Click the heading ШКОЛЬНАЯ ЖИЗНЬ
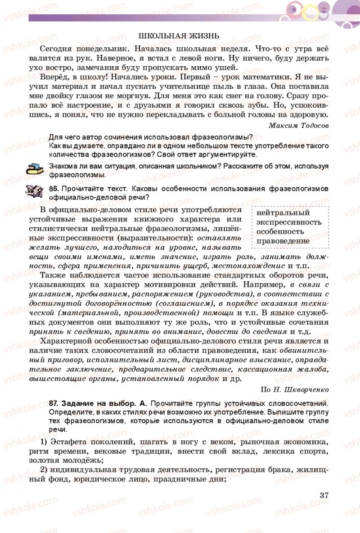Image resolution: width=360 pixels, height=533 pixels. coord(179,36)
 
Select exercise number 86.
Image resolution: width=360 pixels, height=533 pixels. coord(54,188)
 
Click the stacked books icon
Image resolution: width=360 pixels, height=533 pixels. coord(34,169)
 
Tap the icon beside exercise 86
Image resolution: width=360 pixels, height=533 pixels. coord(34,191)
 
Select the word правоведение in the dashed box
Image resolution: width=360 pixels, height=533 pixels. coord(283,240)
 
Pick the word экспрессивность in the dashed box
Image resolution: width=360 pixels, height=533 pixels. coord(289,222)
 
